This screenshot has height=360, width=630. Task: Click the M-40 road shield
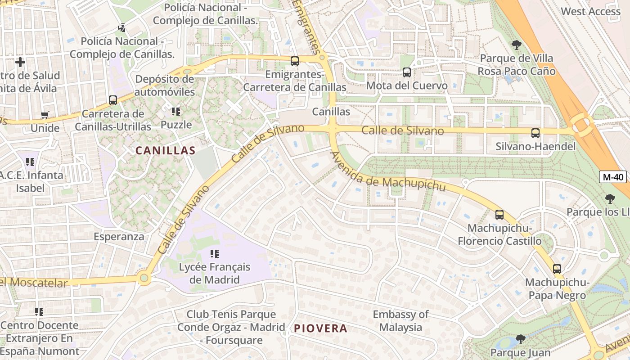click(613, 177)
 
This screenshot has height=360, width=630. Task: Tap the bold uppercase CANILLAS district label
click(166, 151)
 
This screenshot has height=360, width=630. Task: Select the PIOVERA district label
click(320, 328)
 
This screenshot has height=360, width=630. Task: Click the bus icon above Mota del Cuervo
click(406, 72)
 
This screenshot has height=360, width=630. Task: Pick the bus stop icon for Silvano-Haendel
click(535, 133)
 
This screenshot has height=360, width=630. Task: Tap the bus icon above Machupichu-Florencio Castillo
click(499, 214)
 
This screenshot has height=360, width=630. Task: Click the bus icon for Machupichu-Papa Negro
click(557, 269)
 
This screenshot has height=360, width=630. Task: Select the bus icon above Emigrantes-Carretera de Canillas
click(294, 61)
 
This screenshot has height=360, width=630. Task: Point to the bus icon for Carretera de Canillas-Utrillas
click(112, 100)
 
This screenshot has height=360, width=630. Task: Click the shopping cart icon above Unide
click(45, 115)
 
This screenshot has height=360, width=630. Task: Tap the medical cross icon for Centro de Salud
click(20, 62)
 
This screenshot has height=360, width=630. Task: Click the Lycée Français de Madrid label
click(215, 273)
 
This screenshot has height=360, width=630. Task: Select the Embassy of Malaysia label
click(400, 321)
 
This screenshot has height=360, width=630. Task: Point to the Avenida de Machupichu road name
click(388, 172)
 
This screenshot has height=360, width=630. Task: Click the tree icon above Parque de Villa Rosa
click(516, 45)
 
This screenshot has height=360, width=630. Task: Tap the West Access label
click(590, 11)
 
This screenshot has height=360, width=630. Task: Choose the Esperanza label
click(119, 237)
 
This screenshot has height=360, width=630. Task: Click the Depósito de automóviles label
click(165, 85)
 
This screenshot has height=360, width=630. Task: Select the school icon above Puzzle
click(175, 111)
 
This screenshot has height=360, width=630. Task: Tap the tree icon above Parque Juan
click(520, 339)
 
